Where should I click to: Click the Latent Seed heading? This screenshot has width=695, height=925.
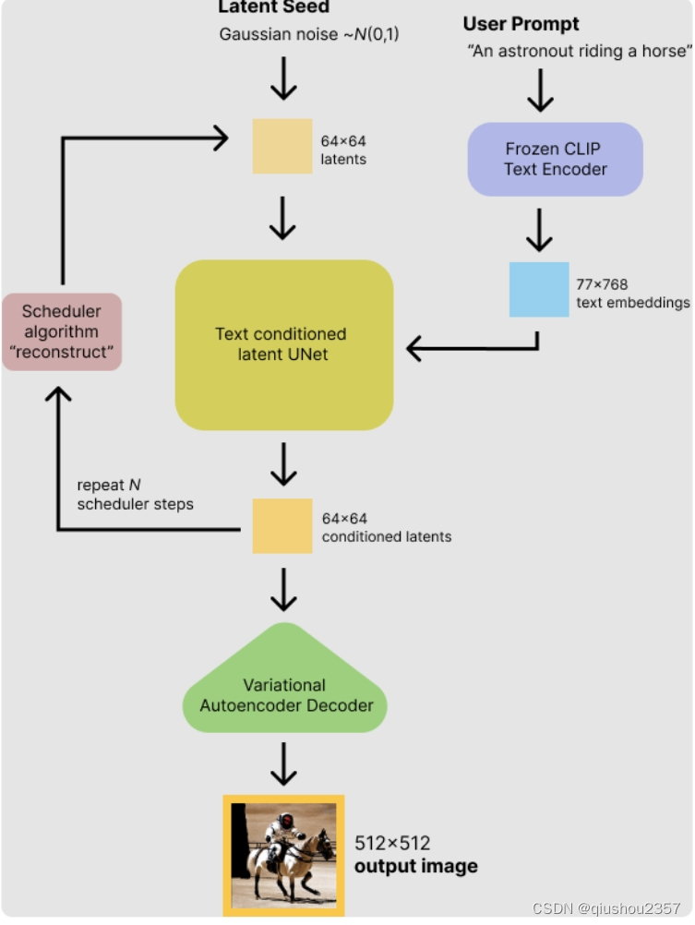[273, 7]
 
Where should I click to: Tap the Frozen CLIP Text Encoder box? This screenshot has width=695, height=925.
[555, 159]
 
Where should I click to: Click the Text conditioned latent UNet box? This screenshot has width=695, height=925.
[283, 344]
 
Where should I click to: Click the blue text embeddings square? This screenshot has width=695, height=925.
[539, 290]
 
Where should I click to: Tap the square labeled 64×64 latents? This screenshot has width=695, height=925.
[282, 146]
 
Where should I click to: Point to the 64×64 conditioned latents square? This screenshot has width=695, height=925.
[282, 525]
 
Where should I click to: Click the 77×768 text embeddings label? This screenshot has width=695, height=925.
[632, 294]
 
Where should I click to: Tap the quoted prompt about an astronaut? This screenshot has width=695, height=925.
[580, 52]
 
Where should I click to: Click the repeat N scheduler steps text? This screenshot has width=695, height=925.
[135, 495]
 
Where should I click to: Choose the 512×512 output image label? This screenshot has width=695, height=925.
[416, 854]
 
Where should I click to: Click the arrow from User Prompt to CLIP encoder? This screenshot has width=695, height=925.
[539, 91]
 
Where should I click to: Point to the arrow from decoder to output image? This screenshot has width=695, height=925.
[283, 763]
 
